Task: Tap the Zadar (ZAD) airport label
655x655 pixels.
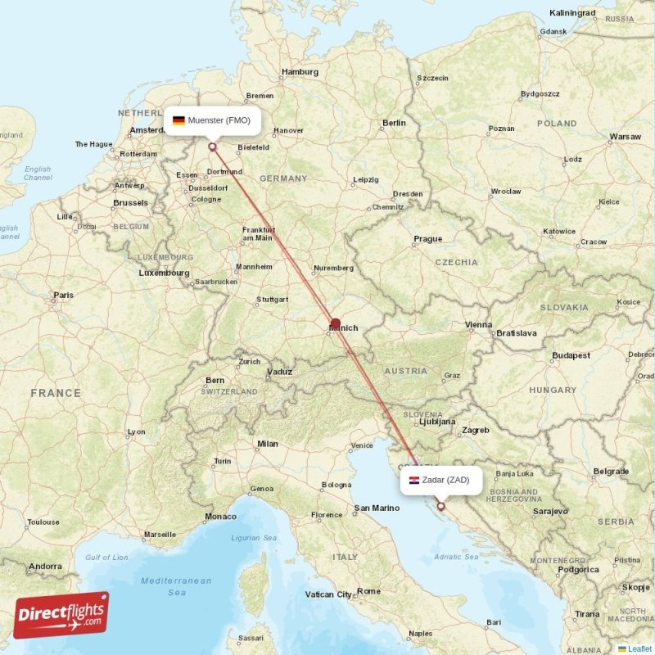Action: click(445, 480)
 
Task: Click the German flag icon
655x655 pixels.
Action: click(178, 120)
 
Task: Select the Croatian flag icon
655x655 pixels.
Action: click(415, 480)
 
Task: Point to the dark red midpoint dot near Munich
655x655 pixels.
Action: click(336, 323)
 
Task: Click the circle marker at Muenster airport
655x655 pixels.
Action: click(213, 147)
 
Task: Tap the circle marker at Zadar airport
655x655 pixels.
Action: click(440, 506)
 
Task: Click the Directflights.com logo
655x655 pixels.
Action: click(61, 614)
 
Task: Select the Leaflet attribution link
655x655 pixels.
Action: click(639, 648)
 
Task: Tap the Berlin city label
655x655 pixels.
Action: click(394, 123)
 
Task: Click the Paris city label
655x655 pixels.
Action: click(63, 295)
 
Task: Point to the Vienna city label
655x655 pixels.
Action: click(479, 325)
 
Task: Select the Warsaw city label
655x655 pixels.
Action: click(625, 136)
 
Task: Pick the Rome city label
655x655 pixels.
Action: click(369, 590)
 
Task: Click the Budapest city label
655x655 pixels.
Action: click(571, 355)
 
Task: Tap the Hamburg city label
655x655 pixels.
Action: click(300, 72)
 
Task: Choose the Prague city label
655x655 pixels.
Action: click(427, 239)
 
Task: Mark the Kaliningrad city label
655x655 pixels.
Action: click(572, 13)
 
